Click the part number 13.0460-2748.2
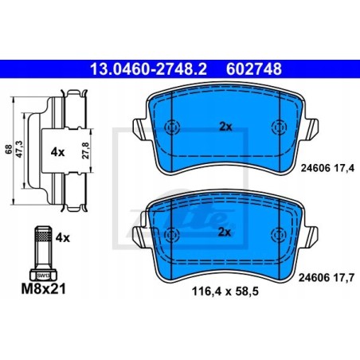tap(148, 69)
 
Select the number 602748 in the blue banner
tap(254, 69)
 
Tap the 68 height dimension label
tap(9, 150)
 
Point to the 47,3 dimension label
tap(20, 149)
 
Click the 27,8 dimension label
tap(85, 151)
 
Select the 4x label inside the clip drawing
tap(57, 152)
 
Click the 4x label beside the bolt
tap(63, 238)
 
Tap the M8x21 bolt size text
tap(43, 289)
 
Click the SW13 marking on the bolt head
tap(43, 276)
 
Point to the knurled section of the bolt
tap(43, 236)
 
